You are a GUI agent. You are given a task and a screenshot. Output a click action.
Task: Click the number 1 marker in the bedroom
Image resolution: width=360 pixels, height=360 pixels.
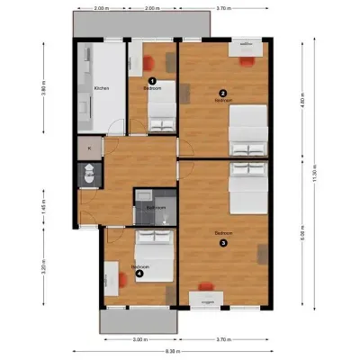(151, 80)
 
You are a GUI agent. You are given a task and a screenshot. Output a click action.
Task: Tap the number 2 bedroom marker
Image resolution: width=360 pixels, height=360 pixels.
(222, 93)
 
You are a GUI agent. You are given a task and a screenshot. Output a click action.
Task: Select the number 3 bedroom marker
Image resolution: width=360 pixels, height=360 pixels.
(225, 240)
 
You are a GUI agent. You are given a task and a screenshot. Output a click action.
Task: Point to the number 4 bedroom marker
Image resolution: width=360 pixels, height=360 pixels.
(139, 274)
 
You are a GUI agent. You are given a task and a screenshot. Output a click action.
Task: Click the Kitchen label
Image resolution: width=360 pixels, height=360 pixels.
(102, 88)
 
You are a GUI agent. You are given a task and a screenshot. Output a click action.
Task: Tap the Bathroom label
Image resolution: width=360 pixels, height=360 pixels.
(156, 208)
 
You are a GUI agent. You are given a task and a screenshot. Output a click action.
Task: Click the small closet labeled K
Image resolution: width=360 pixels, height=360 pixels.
(89, 148)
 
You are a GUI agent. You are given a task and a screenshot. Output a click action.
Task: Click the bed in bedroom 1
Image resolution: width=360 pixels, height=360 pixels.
(162, 113)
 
